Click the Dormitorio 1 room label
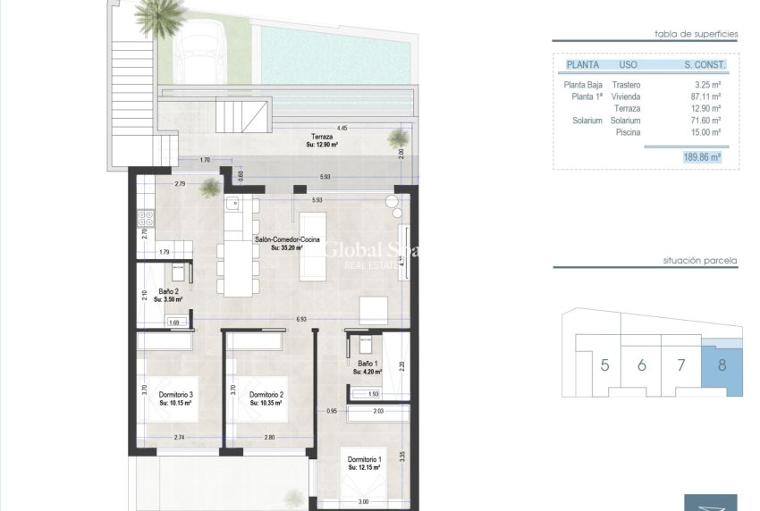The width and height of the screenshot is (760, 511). click(363, 460)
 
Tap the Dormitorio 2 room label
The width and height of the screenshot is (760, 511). click(266, 395)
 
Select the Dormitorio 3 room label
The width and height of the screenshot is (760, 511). click(176, 395)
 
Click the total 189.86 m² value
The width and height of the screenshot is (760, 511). click(701, 156)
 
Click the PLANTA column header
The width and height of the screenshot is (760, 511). click(584, 65)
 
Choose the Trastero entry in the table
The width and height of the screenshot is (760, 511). click(629, 85)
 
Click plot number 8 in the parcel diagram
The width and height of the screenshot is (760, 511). click(721, 364)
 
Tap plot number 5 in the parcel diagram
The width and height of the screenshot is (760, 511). click(605, 364)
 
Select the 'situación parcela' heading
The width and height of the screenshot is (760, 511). click(700, 261)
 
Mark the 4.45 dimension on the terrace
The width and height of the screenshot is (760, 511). click(342, 128)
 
